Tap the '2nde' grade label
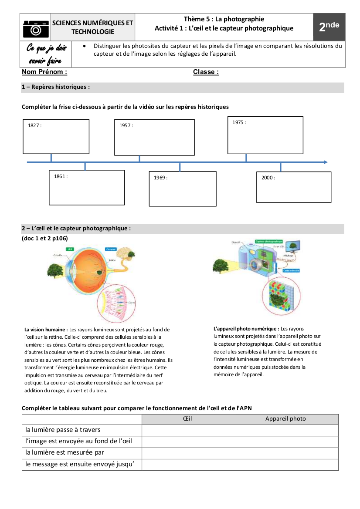click(329, 27)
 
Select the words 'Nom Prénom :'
click(44, 72)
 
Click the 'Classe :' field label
click(206, 72)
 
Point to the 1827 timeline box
click(56, 136)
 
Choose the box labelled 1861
click(87, 187)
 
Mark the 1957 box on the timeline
click(154, 137)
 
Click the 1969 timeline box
click(183, 189)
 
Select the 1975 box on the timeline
click(265, 135)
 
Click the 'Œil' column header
click(187, 419)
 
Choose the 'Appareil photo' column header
click(285, 419)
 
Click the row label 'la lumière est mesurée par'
click(65, 453)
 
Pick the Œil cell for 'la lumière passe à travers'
click(187, 430)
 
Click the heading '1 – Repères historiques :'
click(56, 87)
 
